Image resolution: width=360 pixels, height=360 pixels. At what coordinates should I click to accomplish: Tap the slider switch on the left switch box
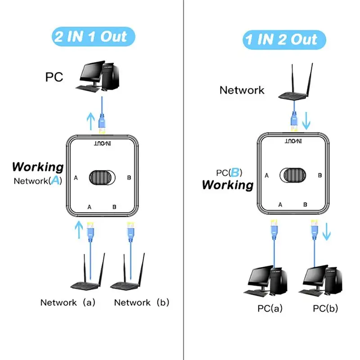click(x=102, y=177)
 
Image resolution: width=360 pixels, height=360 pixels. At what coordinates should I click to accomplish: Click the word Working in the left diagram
click(x=38, y=167)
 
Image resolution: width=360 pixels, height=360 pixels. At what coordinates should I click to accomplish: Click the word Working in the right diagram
click(x=228, y=184)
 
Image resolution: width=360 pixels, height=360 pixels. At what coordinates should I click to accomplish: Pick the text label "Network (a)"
click(x=67, y=302)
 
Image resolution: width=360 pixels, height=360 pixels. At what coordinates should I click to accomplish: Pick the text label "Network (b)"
click(x=141, y=302)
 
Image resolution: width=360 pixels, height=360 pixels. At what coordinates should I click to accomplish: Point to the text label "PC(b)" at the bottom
click(x=325, y=308)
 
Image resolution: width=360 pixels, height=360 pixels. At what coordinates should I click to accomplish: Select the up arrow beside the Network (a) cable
click(x=79, y=229)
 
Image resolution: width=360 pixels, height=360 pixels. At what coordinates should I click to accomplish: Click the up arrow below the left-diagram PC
click(x=91, y=120)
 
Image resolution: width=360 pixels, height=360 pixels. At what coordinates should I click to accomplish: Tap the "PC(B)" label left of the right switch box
click(x=229, y=172)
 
